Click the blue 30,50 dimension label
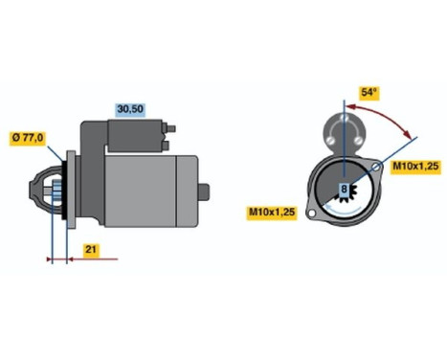coord(130,110)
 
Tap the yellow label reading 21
coord(89,251)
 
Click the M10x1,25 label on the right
coord(414,167)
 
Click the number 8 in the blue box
coord(343,190)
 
